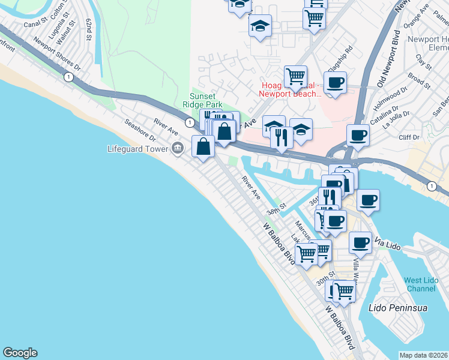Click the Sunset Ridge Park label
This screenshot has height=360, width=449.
click(x=206, y=99)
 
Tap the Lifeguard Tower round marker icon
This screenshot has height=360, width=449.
click(x=177, y=148)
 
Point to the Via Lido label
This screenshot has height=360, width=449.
click(x=387, y=242)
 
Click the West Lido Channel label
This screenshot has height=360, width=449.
click(x=420, y=284)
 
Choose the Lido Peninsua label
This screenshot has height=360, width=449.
click(x=397, y=308)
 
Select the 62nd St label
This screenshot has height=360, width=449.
click(x=89, y=29)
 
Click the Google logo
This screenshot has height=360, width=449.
click(x=20, y=353)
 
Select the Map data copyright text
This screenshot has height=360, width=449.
click(x=423, y=355)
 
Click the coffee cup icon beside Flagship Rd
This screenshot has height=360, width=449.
click(x=335, y=82)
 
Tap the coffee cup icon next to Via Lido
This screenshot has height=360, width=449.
click(x=360, y=242)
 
